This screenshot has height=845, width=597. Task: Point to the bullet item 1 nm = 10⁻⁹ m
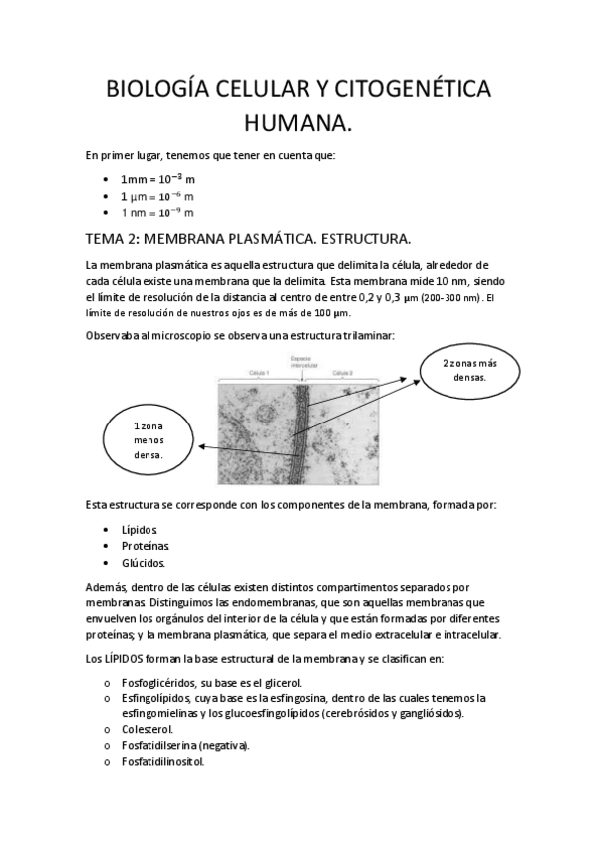point(156,212)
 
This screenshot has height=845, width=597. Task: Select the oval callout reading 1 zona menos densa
point(149,440)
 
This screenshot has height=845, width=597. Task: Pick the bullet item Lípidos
point(140,529)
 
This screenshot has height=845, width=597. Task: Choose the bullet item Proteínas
point(145,546)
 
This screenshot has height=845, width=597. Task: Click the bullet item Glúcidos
point(143,563)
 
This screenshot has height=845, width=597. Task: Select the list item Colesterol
point(149,729)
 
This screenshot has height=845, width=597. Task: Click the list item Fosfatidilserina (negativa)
point(184,745)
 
